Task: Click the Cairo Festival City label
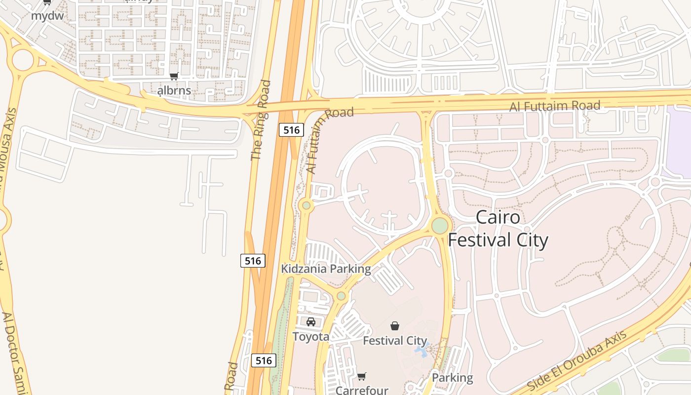(x=498, y=229)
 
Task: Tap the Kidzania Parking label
(x=326, y=269)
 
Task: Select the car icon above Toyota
(x=311, y=322)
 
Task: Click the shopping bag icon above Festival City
(x=395, y=326)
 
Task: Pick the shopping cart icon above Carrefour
(x=362, y=377)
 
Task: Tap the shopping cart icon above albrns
(x=174, y=77)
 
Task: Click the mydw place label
(x=47, y=15)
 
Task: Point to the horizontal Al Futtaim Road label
(x=555, y=106)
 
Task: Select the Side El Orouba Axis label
(x=576, y=360)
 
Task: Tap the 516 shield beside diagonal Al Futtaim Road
(x=291, y=130)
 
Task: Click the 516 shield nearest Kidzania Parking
(x=253, y=260)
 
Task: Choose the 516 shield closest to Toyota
(x=264, y=360)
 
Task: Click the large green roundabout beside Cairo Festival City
(x=440, y=226)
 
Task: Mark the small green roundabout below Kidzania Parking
(x=341, y=296)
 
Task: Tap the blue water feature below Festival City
(x=422, y=351)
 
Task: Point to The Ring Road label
(x=261, y=120)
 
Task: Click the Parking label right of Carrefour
(x=452, y=378)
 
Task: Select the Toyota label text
(x=311, y=337)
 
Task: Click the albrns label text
(x=174, y=90)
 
